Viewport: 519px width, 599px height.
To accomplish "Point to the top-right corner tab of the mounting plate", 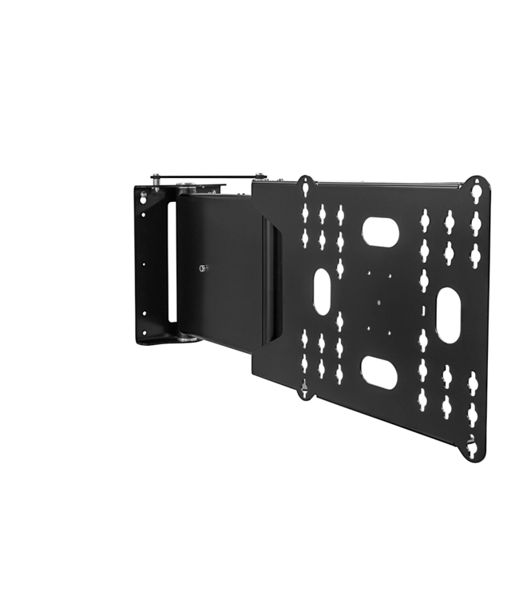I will click(x=478, y=188).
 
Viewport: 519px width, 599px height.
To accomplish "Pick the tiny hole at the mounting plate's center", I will click(x=374, y=302).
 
